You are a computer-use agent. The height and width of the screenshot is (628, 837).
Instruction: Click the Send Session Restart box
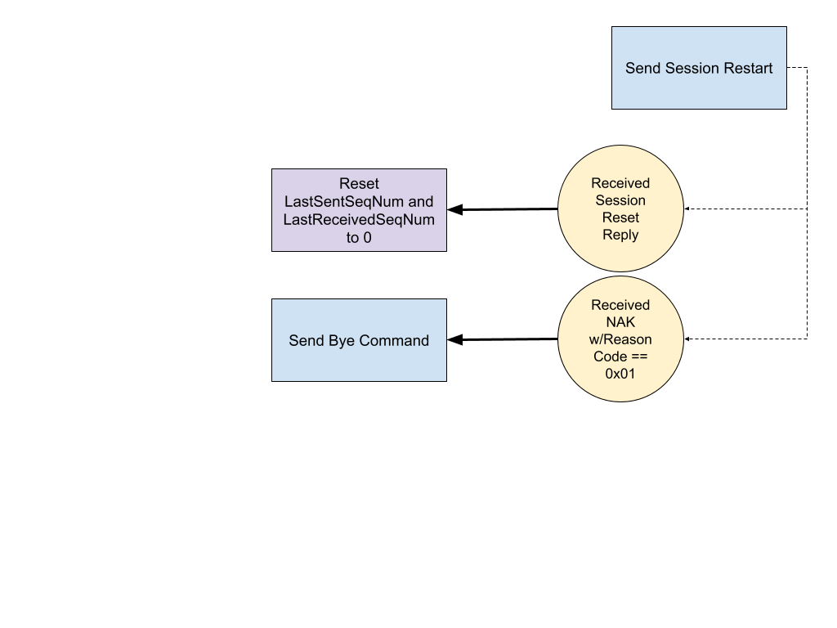coord(699,68)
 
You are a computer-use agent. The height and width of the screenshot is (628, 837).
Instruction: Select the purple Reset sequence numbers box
coord(359,210)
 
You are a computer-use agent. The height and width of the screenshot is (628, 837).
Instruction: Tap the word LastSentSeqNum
coord(343,201)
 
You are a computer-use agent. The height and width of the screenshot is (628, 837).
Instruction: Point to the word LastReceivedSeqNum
coord(359,219)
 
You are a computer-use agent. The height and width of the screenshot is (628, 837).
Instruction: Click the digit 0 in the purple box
coord(367,237)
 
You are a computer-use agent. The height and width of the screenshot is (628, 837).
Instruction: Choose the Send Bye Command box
coord(359,340)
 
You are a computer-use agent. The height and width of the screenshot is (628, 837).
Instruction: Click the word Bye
coord(343,340)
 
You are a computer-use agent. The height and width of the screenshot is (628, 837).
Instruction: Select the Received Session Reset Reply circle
coord(620,209)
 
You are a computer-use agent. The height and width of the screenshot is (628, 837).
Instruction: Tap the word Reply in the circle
coord(620,235)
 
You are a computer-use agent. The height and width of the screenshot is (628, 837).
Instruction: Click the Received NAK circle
coord(620,339)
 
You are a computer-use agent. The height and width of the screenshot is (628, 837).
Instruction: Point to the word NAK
coord(620,322)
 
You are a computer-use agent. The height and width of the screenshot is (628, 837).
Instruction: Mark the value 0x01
coord(620,374)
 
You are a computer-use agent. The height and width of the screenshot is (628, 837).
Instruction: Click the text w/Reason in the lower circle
coord(620,339)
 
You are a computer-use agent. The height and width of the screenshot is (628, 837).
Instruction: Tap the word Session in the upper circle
coord(620,200)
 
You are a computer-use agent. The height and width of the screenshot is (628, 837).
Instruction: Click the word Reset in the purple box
coord(359,184)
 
